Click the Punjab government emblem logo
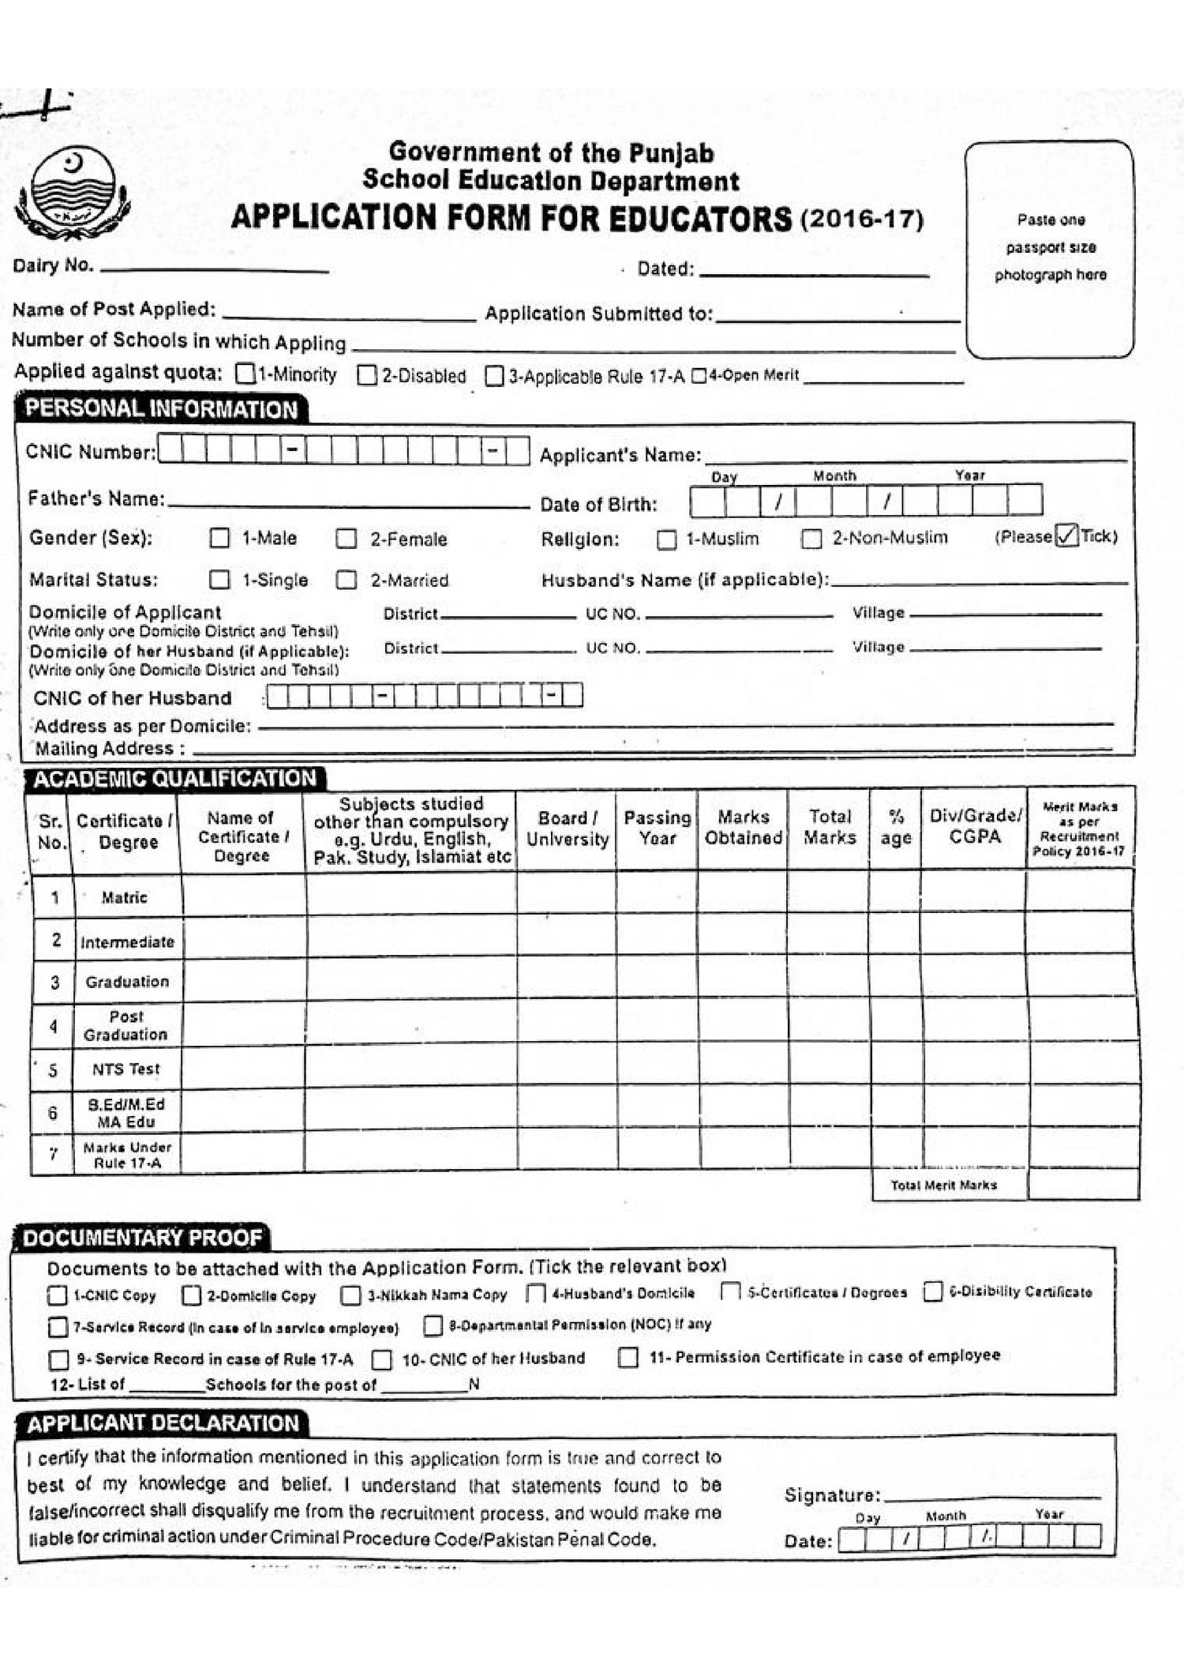pos(72,192)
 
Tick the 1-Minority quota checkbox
pos(245,374)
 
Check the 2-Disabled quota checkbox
pos(367,375)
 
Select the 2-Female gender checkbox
pos(346,539)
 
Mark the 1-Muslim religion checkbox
pos(667,539)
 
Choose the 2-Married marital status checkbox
pos(346,580)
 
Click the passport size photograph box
pos(1049,249)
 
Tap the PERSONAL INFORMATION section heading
pos(161,409)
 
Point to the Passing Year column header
pos(657,827)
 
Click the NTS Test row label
pos(126,1069)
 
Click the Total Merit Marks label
pos(943,1185)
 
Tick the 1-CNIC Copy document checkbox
pos(58,1295)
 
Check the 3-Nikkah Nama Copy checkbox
pos(350,1295)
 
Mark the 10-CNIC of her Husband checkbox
pos(382,1359)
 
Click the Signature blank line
pos(991,1496)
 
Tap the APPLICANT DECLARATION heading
pos(163,1423)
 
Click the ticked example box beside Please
pos(1066,535)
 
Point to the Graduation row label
pos(127,982)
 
